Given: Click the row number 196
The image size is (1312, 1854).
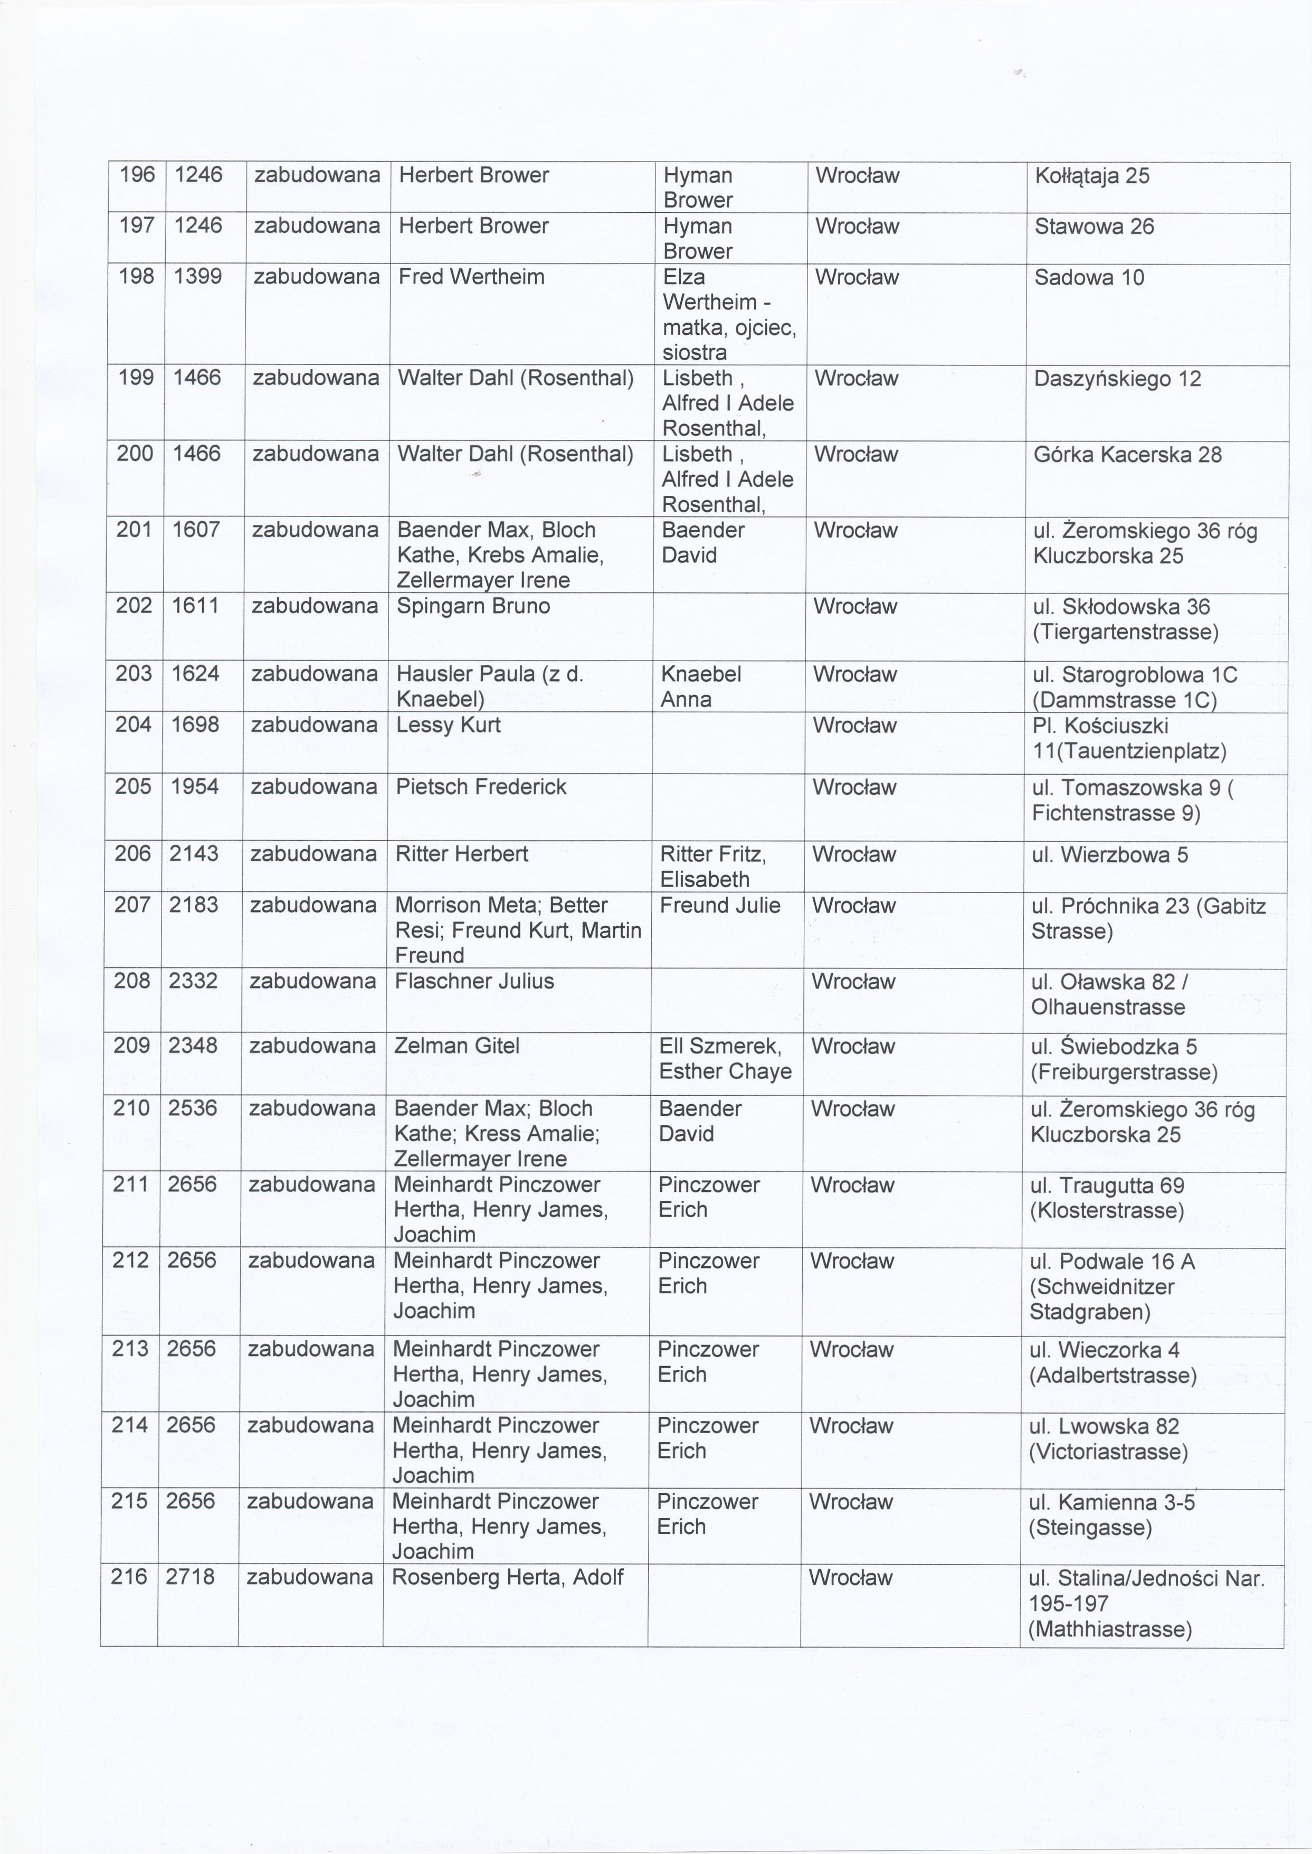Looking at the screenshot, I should click(x=137, y=175).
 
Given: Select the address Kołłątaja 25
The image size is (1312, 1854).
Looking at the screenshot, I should click(x=1091, y=176).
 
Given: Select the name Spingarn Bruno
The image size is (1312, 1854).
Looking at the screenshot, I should click(x=473, y=606).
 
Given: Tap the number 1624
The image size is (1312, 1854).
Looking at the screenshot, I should click(x=195, y=673).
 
